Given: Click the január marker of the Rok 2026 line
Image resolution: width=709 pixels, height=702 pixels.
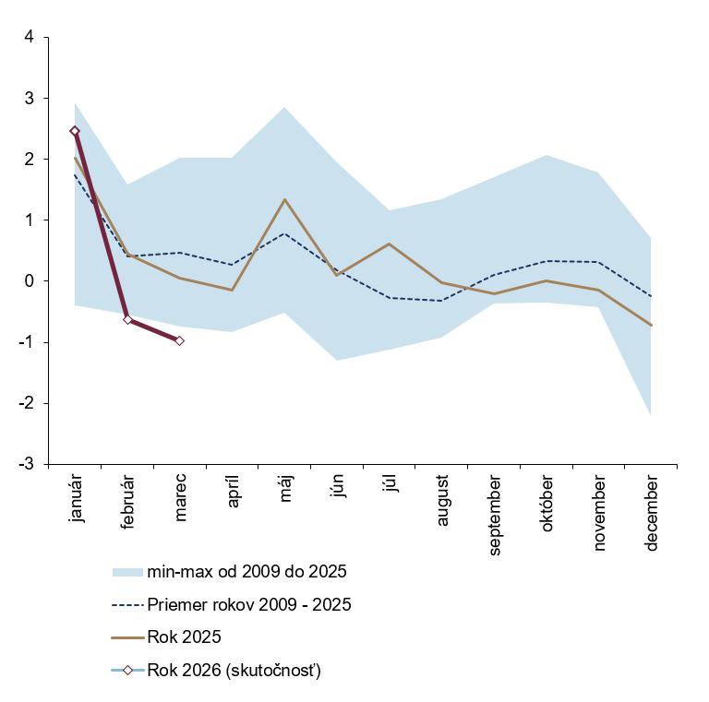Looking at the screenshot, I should (x=75, y=131).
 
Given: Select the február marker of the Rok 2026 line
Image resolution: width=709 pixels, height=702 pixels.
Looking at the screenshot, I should (x=127, y=320).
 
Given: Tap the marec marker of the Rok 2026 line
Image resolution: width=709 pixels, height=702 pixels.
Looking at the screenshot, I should (x=179, y=340).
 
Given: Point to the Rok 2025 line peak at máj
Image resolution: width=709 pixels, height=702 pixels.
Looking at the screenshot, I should (x=284, y=199).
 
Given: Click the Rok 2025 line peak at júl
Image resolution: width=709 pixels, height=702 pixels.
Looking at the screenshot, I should (x=389, y=244).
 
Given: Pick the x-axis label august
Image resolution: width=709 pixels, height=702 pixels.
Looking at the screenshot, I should (x=442, y=501).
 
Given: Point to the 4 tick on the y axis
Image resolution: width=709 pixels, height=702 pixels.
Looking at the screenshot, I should (x=29, y=37).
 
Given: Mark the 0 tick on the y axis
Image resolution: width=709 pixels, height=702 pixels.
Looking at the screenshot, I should (x=29, y=281).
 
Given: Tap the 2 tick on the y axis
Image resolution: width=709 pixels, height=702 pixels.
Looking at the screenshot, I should (x=29, y=160).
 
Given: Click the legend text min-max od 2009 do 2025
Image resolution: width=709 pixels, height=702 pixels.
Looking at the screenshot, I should (x=246, y=572).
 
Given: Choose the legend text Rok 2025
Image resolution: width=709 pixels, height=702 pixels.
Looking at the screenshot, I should (x=184, y=637).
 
